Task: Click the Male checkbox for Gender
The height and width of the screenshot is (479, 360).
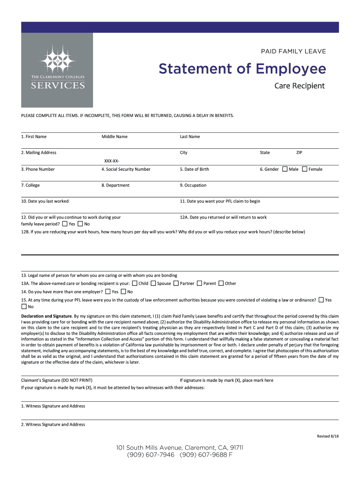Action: (284, 169)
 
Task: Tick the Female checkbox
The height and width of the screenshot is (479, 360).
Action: (304, 169)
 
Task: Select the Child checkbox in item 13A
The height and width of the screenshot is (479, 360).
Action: (135, 283)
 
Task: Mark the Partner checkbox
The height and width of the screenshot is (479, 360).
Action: (176, 283)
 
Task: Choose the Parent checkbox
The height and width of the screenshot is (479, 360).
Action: (199, 283)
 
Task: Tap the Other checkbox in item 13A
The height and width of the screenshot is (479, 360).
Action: (221, 283)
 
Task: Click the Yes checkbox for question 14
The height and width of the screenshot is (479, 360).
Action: (108, 291)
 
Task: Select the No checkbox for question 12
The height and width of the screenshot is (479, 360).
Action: (80, 224)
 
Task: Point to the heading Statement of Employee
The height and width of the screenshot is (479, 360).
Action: (242, 69)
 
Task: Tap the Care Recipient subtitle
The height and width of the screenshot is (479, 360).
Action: (299, 86)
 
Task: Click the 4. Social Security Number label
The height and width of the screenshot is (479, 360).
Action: (126, 169)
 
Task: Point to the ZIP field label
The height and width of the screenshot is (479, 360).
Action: (300, 152)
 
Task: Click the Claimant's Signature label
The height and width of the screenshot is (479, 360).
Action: (57, 380)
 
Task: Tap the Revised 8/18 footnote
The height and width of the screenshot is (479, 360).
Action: (327, 436)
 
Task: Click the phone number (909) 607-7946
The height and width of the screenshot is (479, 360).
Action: (150, 454)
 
